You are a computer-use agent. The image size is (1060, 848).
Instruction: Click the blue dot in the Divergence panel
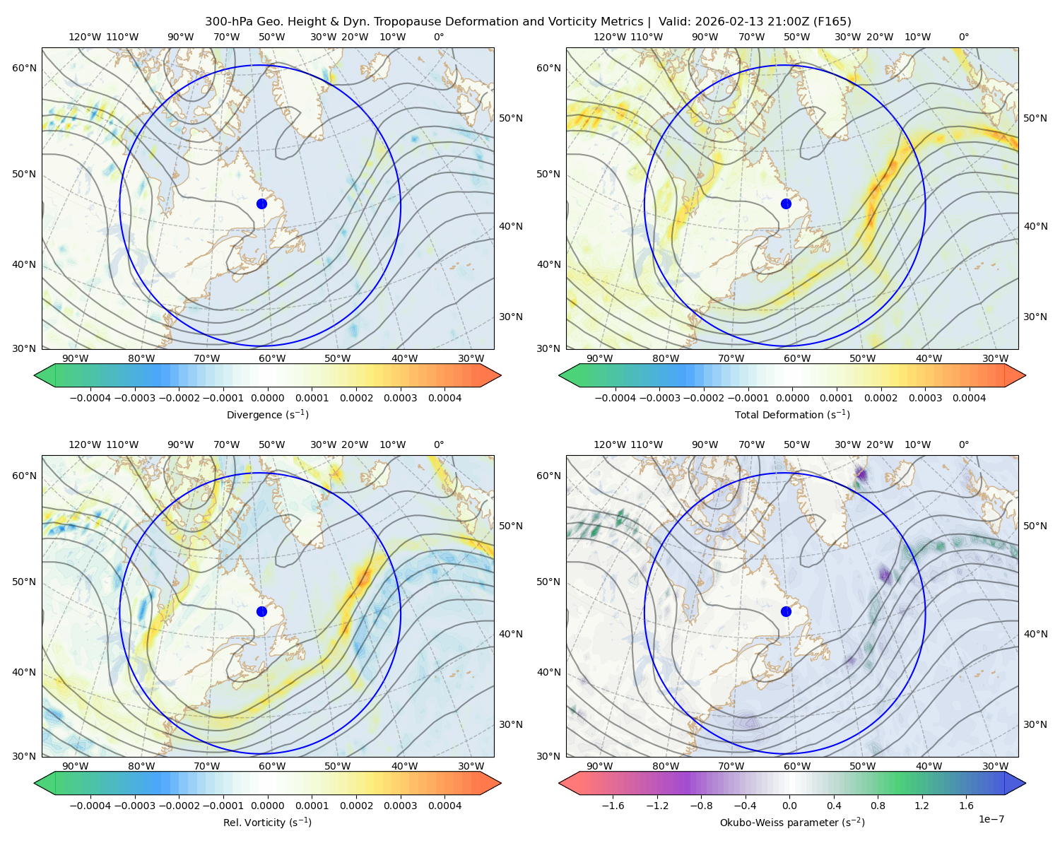pos(261,204)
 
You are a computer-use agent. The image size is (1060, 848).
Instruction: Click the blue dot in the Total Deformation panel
pos(786,204)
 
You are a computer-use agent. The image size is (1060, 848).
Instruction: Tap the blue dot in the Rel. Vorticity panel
pos(261,611)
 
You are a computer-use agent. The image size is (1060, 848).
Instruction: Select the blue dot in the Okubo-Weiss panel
pos(786,611)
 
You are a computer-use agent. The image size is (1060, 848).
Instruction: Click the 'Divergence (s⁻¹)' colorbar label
pos(267,414)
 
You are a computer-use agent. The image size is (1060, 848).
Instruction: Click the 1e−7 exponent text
pos(991,819)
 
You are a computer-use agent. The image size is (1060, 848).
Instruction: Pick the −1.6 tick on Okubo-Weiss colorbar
pos(613,806)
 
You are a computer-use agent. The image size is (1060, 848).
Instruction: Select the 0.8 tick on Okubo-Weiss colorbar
pos(878,806)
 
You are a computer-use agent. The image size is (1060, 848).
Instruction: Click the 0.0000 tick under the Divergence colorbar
pos(267,398)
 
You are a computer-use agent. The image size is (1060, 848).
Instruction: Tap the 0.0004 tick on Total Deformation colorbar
pos(970,398)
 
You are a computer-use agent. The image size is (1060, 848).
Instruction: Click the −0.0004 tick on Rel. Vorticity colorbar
pos(90,806)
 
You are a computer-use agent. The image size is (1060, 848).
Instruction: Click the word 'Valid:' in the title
pos(675,22)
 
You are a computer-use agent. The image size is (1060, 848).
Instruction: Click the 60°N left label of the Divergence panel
pos(24,68)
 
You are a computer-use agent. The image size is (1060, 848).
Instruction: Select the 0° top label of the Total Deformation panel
pos(963,37)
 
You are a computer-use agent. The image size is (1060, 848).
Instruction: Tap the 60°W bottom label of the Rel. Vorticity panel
pos(272,766)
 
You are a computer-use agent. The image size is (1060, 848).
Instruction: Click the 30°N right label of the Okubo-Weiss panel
pos(1035,724)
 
